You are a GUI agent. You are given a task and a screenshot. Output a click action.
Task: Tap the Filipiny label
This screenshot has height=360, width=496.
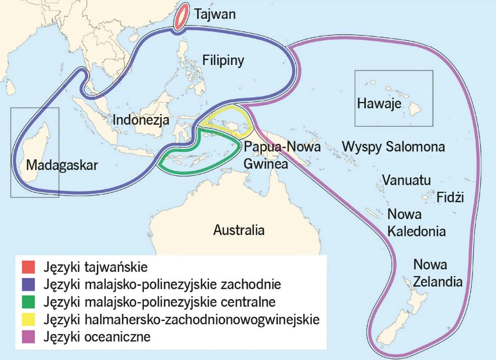(223, 60)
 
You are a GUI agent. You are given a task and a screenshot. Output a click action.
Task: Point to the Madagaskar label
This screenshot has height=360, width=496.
(61, 165)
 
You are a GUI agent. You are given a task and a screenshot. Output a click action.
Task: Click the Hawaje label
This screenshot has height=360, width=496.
(379, 103)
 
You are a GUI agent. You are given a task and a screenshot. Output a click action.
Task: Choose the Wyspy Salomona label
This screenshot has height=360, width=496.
(393, 147)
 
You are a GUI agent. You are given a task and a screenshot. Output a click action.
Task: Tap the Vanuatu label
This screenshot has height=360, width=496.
(407, 180)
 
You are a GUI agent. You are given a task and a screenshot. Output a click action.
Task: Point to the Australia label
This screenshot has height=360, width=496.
(239, 230)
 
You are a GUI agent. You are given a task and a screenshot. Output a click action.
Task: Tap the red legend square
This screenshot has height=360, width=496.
(28, 268)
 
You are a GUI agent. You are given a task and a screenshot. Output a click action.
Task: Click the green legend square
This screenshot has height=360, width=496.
(28, 302)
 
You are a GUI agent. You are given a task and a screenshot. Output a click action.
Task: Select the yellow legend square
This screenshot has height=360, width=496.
(28, 319)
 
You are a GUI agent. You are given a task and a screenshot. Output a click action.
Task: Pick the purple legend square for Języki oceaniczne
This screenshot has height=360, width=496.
(28, 336)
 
